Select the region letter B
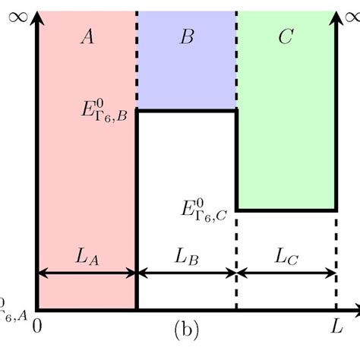187,37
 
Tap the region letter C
286,37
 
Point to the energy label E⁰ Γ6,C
204,208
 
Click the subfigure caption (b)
187,330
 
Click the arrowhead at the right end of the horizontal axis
354,309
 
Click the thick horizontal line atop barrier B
187,111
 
